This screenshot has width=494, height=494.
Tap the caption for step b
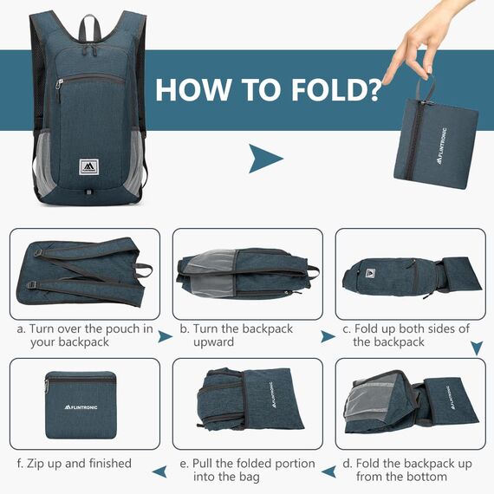[x=237, y=335]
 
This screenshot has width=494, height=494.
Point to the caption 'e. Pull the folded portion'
[x=247, y=470]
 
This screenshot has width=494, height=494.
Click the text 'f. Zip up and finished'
[x=74, y=464]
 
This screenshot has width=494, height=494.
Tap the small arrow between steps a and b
[x=165, y=336]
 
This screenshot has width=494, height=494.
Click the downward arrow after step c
[x=476, y=348]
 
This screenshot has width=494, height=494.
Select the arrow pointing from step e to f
[x=159, y=471]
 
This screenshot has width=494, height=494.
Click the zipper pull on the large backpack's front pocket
[x=60, y=84]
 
